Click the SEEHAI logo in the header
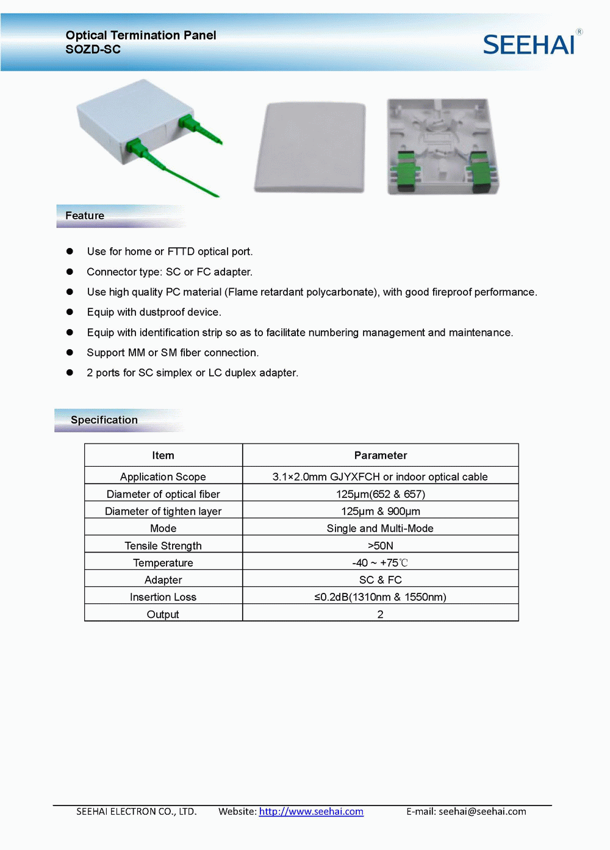tap(529, 44)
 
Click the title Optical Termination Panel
tap(141, 35)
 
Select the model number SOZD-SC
tap(93, 49)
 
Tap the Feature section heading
tap(85, 216)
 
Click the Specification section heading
tap(104, 420)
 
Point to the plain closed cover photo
tap(310, 147)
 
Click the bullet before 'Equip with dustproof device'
tap(70, 312)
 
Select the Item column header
tap(163, 455)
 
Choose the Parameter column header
tap(380, 455)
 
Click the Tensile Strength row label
tap(163, 545)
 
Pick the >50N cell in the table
tap(380, 545)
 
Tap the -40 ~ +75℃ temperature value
tap(380, 562)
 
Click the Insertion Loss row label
tap(163, 597)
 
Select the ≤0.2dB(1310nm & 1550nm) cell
tap(380, 597)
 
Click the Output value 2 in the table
tap(380, 614)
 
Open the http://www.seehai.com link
tap(311, 812)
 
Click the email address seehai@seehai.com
tap(482, 812)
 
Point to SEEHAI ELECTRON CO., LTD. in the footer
tap(136, 812)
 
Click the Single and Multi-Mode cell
tap(380, 528)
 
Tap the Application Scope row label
tap(163, 476)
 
